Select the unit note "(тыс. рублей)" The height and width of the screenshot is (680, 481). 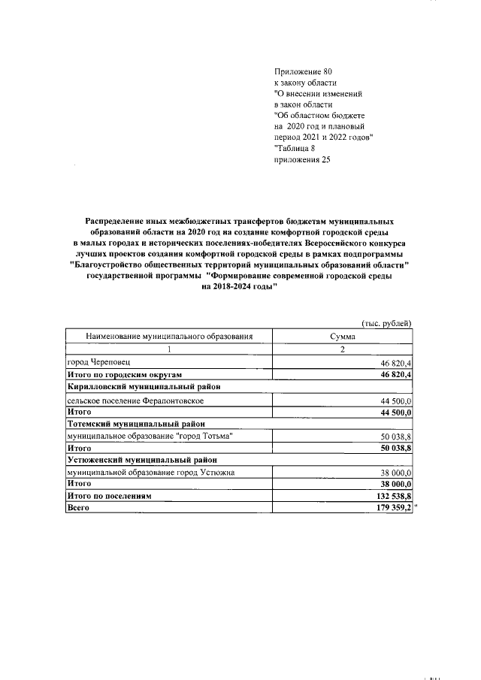point(387,324)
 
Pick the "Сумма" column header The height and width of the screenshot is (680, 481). point(342,337)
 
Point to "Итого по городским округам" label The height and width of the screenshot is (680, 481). point(124,374)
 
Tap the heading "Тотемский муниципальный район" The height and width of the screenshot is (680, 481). point(135,425)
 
